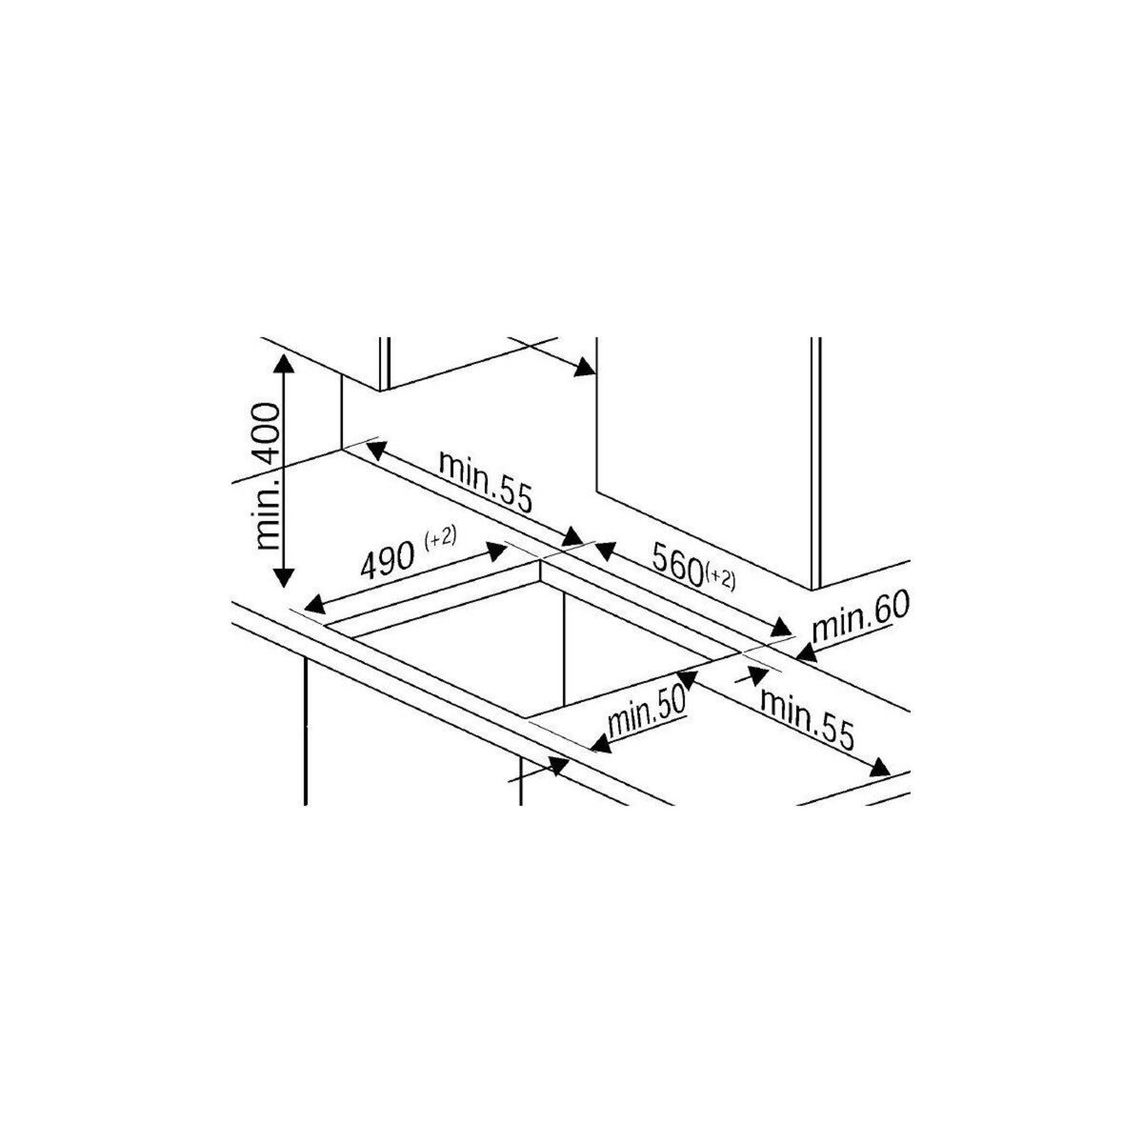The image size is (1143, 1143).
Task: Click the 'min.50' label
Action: (x=647, y=712)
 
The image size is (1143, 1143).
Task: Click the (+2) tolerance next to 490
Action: (x=441, y=538)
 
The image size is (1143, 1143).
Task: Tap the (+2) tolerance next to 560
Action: (x=720, y=576)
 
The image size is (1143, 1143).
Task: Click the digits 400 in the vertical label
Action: (x=269, y=433)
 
